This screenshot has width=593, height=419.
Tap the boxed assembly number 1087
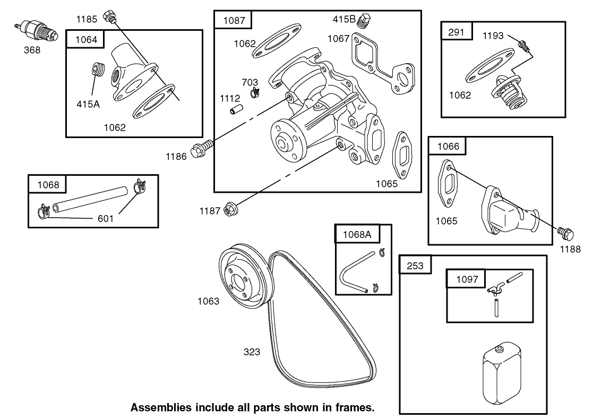coord(234,20)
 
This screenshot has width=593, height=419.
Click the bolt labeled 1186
coord(203,146)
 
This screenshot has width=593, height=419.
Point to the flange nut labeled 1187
coord(230,209)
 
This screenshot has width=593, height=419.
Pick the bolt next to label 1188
coord(564,232)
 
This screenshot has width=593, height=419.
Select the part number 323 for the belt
coord(252,352)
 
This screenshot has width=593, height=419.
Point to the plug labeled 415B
coord(365,21)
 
